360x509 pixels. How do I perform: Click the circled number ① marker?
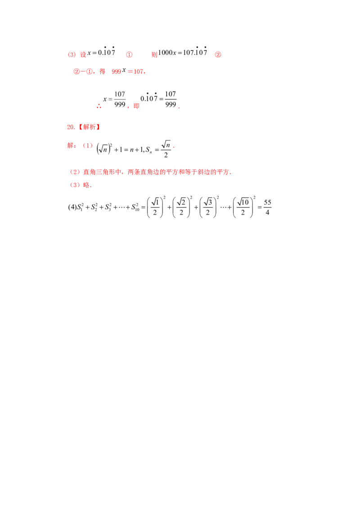(129, 54)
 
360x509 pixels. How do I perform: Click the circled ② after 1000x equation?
(218, 54)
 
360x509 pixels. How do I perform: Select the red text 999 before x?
(116, 71)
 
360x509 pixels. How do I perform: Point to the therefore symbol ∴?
(99, 106)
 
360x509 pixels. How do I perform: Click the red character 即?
(136, 106)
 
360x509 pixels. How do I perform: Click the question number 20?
(71, 127)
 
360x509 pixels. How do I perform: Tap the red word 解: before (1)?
(72, 145)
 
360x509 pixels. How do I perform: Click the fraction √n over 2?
(166, 149)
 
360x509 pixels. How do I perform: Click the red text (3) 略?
(81, 185)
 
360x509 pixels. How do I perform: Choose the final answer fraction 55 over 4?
(267, 207)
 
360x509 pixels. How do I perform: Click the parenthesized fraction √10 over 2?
(243, 207)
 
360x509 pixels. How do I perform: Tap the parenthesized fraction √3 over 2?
(208, 207)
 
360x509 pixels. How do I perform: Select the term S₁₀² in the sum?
(135, 207)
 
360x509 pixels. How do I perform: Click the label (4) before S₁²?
(72, 207)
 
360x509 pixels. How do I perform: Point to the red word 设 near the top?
(83, 54)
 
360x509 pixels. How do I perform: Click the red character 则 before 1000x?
(154, 54)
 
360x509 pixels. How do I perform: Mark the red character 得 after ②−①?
(102, 71)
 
